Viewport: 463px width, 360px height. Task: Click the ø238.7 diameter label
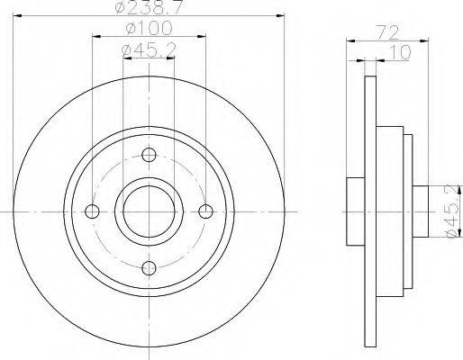point(150,7)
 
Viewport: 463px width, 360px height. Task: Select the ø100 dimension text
point(150,28)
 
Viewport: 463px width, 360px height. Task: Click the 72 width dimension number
point(387,32)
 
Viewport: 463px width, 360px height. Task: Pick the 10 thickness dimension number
point(400,52)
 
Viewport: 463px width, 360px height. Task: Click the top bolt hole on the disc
point(149,155)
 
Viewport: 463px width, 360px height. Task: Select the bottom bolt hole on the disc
point(149,268)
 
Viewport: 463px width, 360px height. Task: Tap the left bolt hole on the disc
point(92,211)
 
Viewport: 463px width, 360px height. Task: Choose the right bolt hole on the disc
point(205,211)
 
